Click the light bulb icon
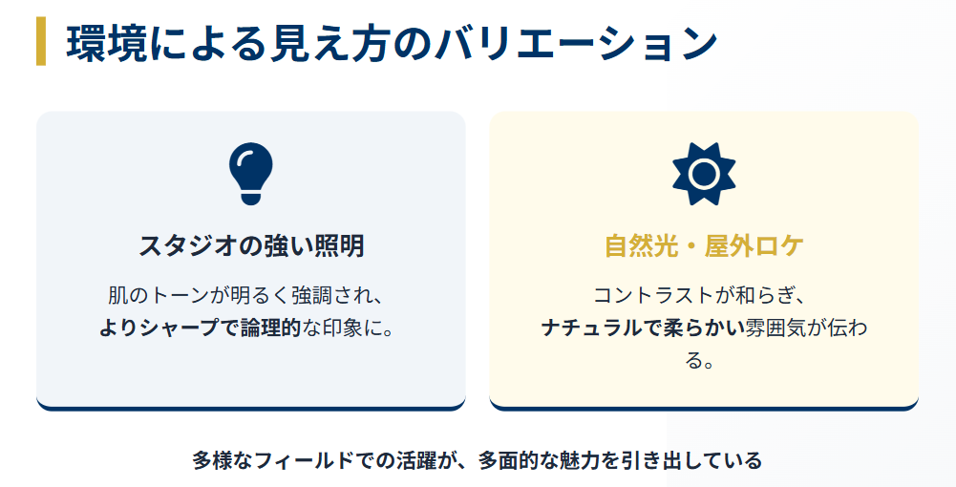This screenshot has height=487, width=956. [x=250, y=172]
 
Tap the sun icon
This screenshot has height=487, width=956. [x=704, y=173]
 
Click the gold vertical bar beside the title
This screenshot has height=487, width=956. [x=41, y=42]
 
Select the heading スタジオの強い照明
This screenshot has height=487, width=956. [x=250, y=246]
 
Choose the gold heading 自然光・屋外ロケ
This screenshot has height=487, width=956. [x=704, y=246]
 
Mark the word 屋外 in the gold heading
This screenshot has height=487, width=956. [x=726, y=246]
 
